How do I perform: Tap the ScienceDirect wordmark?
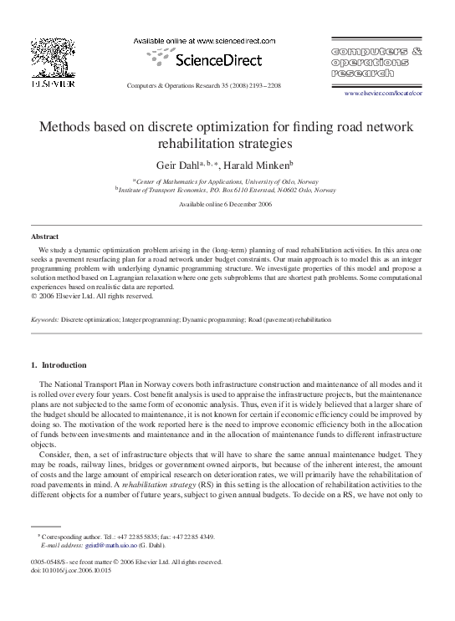click(x=218, y=60)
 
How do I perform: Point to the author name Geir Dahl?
click(x=176, y=165)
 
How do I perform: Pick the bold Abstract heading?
click(x=44, y=237)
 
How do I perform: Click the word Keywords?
click(x=43, y=320)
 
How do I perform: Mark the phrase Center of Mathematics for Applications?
click(x=192, y=181)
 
